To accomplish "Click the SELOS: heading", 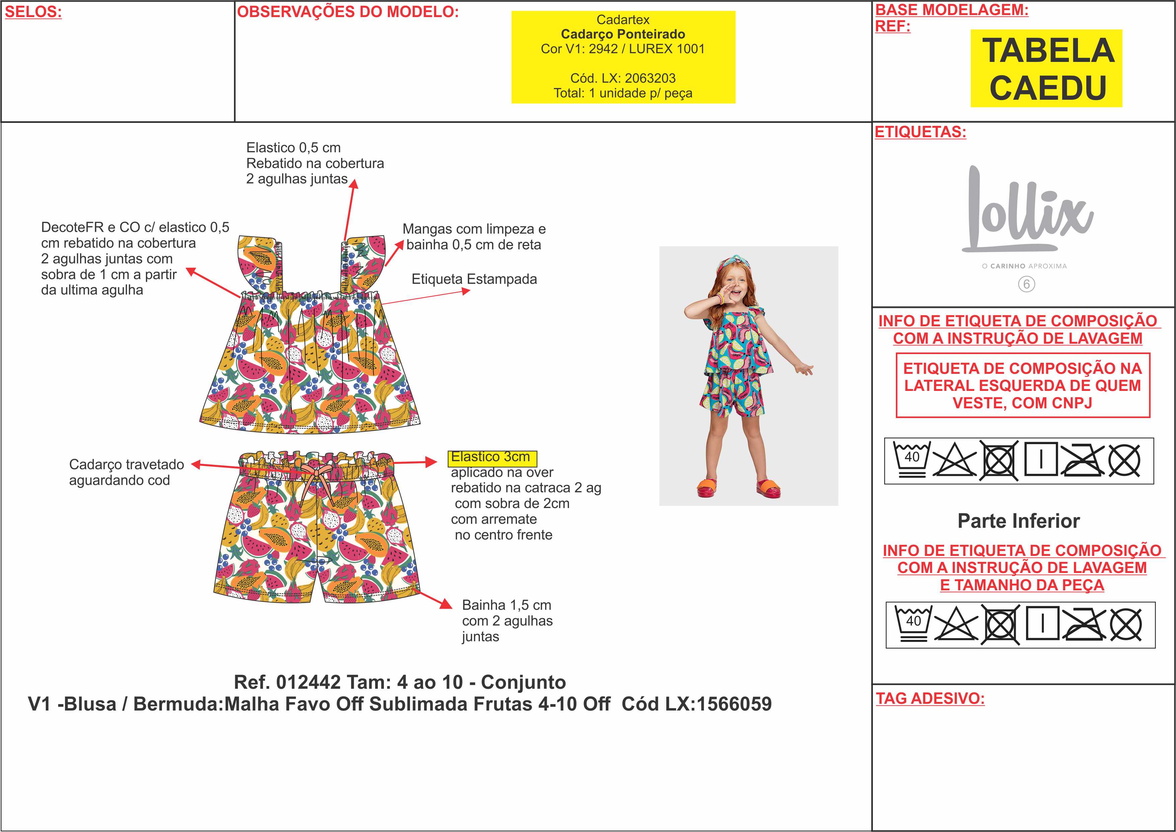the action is coord(33,12).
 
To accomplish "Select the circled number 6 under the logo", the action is coord(1026,284).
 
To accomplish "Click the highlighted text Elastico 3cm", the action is coord(492,456).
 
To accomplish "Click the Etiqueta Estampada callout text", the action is coord(474,279).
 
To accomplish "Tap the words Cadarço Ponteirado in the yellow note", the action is coord(623,34).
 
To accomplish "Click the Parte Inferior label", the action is coord(1019,521).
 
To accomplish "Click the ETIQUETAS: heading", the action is coord(920,132).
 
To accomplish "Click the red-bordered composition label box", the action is coord(1023,385).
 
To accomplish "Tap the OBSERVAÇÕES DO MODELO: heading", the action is coord(348,12).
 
